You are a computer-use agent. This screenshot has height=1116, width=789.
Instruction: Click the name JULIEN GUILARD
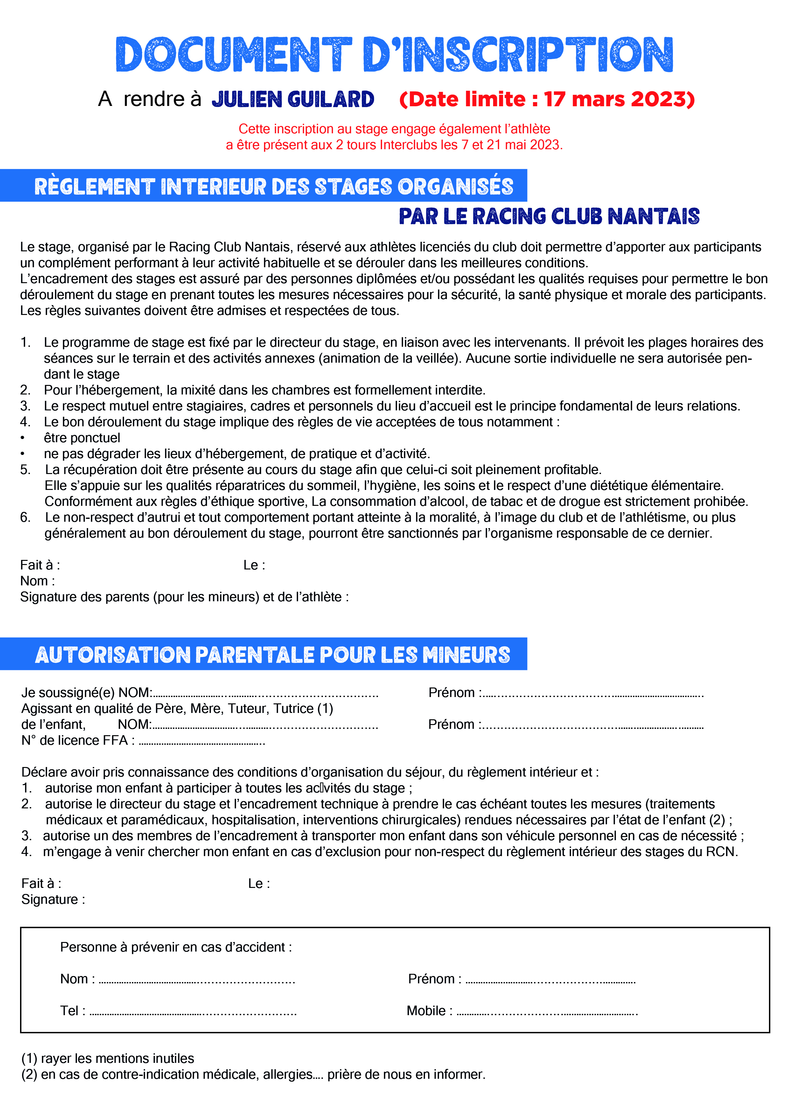[x=293, y=99]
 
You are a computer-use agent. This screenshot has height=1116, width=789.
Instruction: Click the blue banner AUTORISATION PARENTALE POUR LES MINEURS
[x=273, y=655]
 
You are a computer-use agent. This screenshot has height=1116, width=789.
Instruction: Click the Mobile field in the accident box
[x=547, y=1012]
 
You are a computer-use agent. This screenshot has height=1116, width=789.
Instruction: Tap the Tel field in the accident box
[x=193, y=1012]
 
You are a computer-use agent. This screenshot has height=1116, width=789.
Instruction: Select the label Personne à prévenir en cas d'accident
[x=176, y=947]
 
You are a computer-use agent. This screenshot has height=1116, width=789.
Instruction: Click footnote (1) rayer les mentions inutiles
[x=108, y=1058]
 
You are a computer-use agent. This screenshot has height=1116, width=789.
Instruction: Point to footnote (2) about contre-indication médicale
[x=253, y=1074]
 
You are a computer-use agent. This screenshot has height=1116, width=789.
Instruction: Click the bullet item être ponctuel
[x=82, y=437]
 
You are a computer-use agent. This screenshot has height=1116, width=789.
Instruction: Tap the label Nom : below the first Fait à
[x=38, y=581]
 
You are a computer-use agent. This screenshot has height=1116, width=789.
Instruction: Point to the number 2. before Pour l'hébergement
[x=25, y=390]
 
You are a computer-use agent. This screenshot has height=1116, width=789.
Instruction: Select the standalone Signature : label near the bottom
[x=53, y=899]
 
